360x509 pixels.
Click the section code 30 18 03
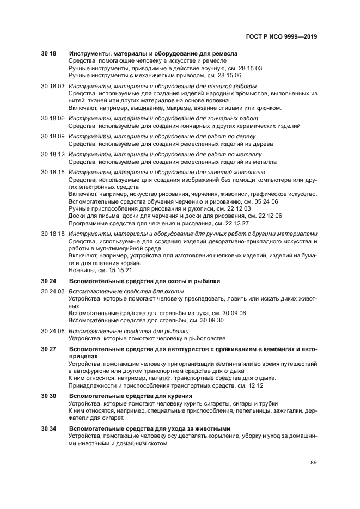click(53, 87)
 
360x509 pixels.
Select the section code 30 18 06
click(53, 118)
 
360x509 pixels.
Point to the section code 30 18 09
click(53, 136)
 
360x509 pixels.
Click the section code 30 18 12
click(53, 154)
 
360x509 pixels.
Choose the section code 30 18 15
click(53, 172)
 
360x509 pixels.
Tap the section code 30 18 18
click(53, 234)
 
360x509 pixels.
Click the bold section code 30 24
click(48, 281)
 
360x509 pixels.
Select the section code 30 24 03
click(53, 292)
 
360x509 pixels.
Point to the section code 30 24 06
click(53, 331)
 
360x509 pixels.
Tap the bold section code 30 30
click(48, 396)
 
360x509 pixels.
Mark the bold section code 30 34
click(48, 428)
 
